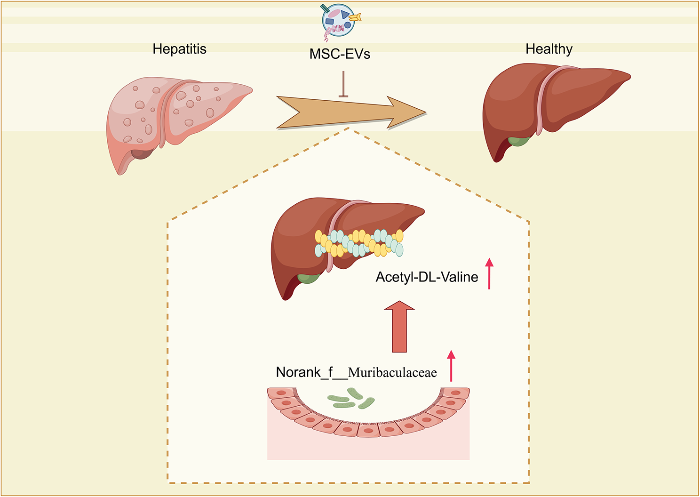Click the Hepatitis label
[x=179, y=49]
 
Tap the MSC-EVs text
[x=340, y=54]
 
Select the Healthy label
[x=549, y=49]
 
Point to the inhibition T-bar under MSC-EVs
[x=343, y=85]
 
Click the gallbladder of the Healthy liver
[x=518, y=141]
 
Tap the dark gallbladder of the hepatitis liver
[x=141, y=153]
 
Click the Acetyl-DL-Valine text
[x=427, y=277]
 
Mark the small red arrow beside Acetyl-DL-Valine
[x=489, y=273]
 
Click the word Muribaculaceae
[x=392, y=373]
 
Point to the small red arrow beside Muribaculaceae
[x=451, y=366]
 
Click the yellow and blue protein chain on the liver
[x=358, y=243]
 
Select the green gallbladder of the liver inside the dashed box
[x=308, y=278]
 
